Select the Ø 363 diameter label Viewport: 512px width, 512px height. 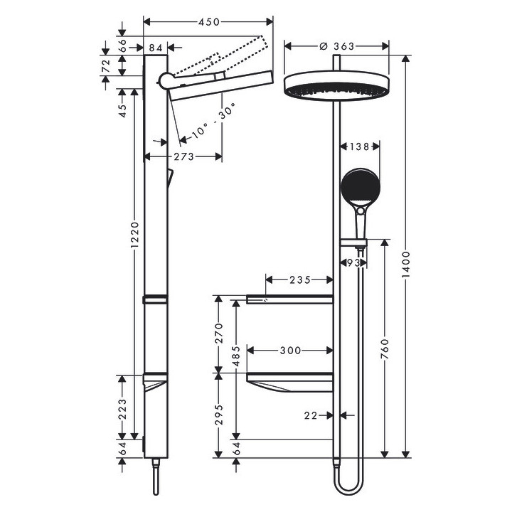tap(337, 46)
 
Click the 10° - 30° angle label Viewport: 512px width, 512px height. tap(210, 120)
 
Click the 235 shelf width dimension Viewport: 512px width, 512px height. tap(299, 279)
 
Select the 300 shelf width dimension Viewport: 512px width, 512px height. tap(290, 350)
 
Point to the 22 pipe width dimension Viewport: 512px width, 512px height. tap(310, 415)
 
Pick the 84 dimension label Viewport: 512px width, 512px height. tap(156, 47)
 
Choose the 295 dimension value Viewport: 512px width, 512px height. tap(218, 414)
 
